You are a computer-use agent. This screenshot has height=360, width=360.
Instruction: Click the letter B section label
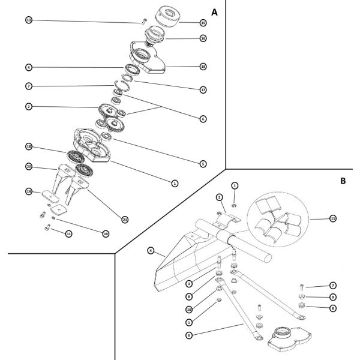click(x=343, y=179)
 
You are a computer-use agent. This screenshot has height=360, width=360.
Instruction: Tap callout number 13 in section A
click(x=28, y=20)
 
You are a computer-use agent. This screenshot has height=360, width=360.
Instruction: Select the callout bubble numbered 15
click(x=203, y=23)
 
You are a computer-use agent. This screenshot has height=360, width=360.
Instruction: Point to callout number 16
click(x=203, y=38)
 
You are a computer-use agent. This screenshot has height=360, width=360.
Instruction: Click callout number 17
click(x=203, y=89)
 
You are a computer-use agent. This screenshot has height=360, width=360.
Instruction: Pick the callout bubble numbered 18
click(x=28, y=146)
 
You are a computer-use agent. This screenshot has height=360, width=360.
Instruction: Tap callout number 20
click(x=28, y=166)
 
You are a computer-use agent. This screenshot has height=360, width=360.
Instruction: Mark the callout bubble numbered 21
click(x=125, y=220)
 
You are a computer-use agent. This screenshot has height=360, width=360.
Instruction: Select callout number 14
click(x=28, y=192)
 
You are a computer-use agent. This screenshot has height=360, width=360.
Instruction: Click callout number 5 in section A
click(x=203, y=163)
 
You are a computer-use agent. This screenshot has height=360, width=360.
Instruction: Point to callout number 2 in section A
click(x=28, y=106)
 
